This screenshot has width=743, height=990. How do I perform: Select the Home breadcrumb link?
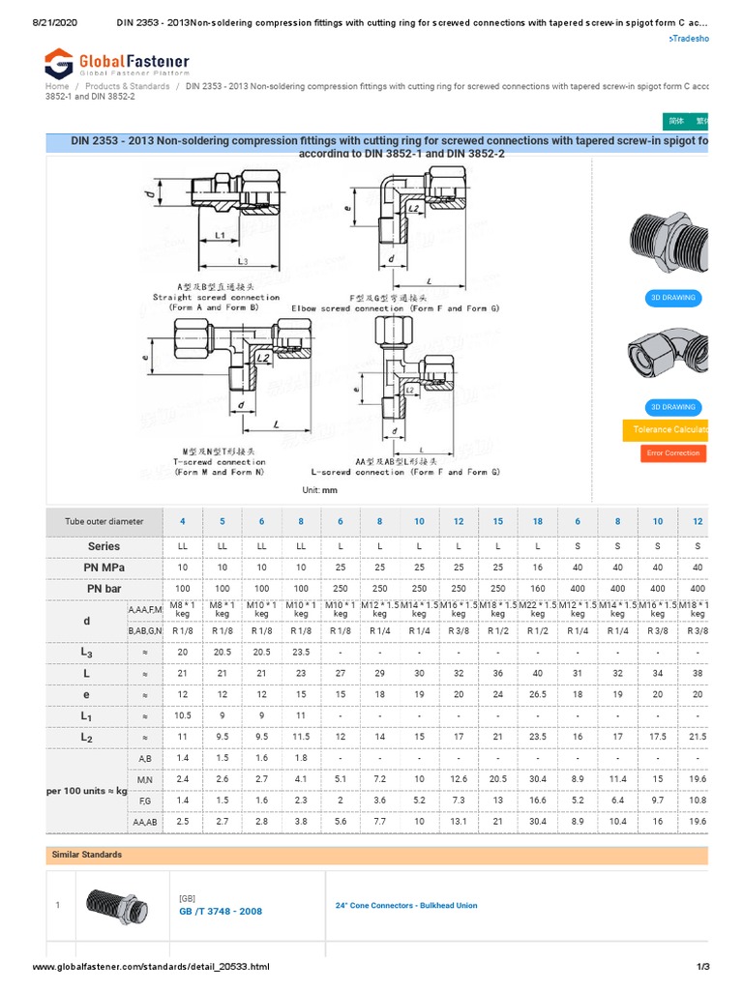click(x=57, y=86)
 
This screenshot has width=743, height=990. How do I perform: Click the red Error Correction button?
click(x=674, y=452)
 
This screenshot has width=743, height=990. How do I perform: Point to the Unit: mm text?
click(x=319, y=490)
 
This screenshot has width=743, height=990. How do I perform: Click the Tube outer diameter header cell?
click(x=104, y=521)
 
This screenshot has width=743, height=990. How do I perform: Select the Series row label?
click(x=104, y=546)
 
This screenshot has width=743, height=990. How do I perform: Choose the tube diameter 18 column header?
click(x=537, y=521)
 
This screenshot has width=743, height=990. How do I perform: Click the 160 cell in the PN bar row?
click(x=537, y=588)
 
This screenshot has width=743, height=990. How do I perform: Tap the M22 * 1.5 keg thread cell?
click(x=537, y=610)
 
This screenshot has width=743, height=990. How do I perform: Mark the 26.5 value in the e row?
click(x=537, y=694)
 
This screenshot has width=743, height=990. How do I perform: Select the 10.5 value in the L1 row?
click(x=183, y=715)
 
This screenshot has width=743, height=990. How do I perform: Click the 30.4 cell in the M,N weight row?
click(x=537, y=778)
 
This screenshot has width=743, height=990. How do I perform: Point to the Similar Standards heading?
click(x=85, y=855)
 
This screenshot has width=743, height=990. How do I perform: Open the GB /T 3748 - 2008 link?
click(x=220, y=911)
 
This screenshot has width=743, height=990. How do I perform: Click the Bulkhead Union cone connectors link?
click(x=405, y=906)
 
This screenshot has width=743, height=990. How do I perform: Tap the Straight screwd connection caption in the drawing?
click(x=216, y=298)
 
